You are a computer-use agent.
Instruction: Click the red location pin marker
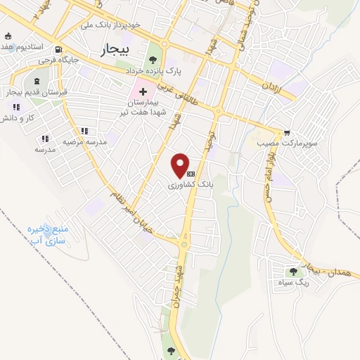coord(181,165)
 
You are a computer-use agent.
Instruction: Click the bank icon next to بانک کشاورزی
coord(191,172)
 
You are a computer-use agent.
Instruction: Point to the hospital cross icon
coord(143,91)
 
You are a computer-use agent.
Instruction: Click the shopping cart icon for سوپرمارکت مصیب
coord(287,131)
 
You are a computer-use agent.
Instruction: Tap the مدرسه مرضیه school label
coord(84,141)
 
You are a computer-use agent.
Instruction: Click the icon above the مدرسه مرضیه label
coord(84,130)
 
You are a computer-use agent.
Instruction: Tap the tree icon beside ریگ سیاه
coord(293,271)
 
